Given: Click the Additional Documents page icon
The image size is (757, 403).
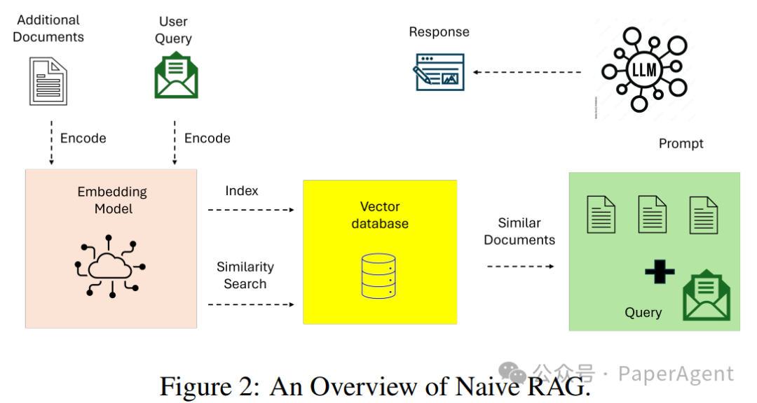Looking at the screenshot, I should [48, 81].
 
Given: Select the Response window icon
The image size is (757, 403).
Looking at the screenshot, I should [439, 71].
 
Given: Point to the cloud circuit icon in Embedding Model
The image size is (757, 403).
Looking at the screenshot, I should [111, 266].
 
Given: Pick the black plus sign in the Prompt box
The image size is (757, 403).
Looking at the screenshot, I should [660, 271].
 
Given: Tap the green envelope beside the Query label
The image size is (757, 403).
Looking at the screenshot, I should [706, 297].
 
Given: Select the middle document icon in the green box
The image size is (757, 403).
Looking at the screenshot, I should [652, 214].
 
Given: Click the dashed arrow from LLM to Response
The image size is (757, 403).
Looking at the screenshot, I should [527, 72].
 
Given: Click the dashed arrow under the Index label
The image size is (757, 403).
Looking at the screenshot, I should [251, 209].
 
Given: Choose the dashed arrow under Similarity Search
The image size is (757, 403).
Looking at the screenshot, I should [251, 304].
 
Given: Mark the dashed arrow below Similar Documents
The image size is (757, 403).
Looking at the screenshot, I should [520, 266].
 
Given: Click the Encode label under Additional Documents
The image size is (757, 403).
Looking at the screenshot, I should [83, 139].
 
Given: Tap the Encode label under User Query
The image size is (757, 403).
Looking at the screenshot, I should [207, 139].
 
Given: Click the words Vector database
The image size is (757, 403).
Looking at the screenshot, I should [380, 215].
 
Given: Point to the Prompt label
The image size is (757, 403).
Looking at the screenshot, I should [681, 143].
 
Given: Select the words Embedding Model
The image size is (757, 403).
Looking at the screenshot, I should [112, 200].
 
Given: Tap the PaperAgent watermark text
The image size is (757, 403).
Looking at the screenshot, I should [676, 374].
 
